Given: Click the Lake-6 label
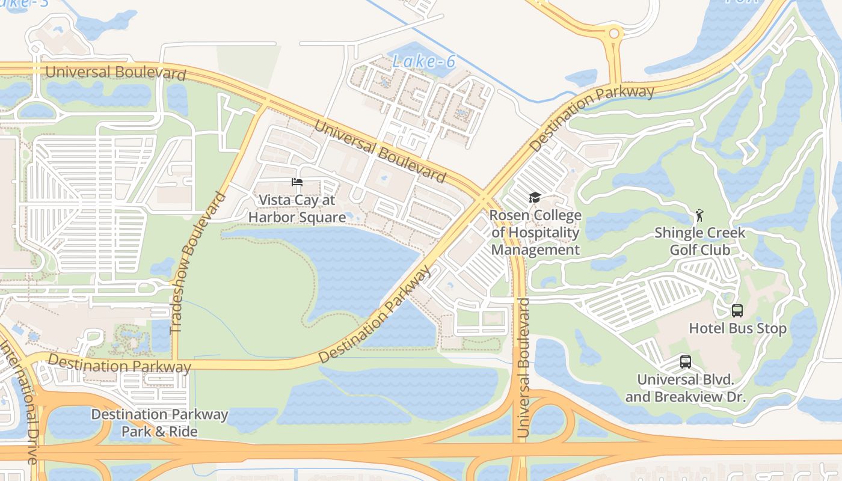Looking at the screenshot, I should pos(423,61).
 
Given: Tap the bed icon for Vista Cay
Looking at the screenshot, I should pos(297,182).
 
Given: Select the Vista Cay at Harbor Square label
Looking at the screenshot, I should pos(297,208).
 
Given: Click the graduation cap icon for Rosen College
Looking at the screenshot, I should pos(534,198).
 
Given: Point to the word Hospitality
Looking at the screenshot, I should pos(535,233).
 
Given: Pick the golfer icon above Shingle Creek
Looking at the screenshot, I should pos(699,215).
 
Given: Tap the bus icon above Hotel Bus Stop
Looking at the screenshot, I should pos(737,311).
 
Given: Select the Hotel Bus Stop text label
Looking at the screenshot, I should pos(737,328).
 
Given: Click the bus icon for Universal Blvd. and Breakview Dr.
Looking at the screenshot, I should pos(685,362).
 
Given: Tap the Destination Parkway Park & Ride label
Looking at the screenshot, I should pos(159,423).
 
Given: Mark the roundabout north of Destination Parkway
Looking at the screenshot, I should pos(613,34).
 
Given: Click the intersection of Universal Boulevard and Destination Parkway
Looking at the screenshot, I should pos(485,197).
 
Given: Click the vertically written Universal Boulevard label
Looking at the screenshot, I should pos(524,367).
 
